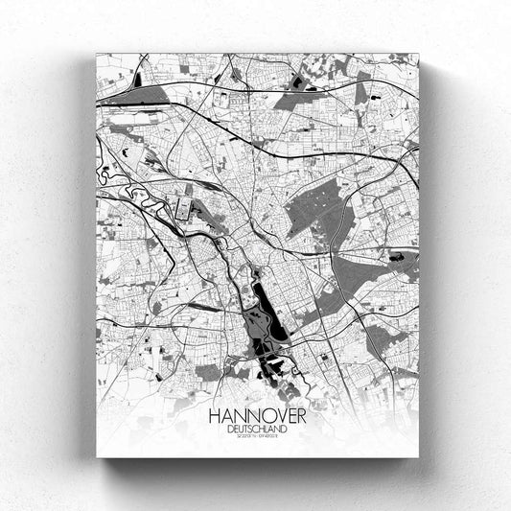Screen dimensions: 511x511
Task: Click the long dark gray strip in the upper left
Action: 134,96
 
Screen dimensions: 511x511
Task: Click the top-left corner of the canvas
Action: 97,54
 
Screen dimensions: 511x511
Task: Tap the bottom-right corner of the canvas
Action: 419,456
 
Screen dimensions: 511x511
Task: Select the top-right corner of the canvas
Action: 419,54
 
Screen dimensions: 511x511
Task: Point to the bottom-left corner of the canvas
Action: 97,456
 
